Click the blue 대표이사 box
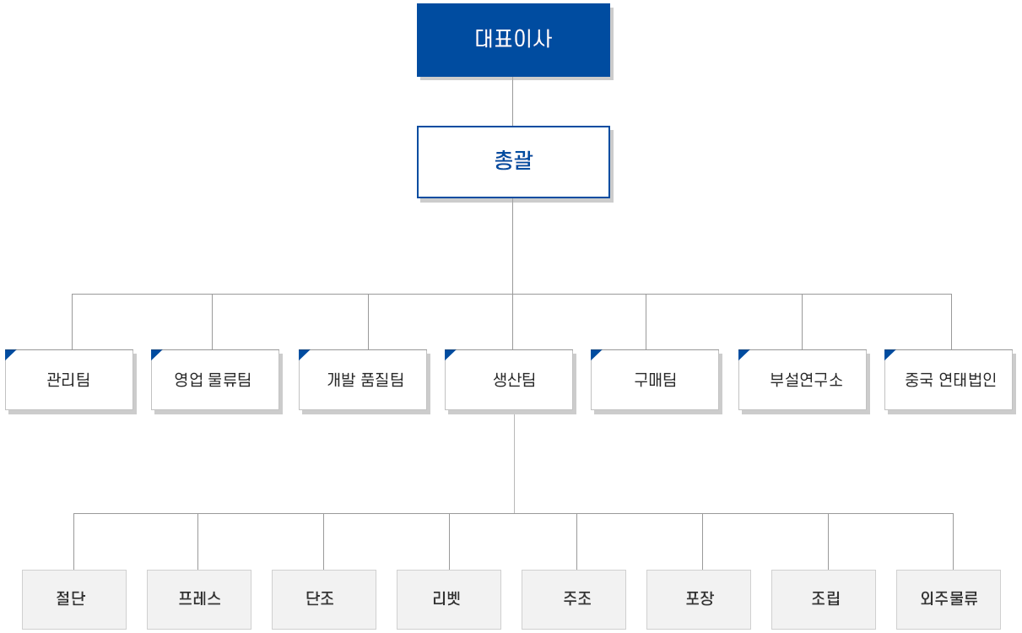pos(513,41)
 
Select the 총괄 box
pos(513,162)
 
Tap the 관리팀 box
pos(69,380)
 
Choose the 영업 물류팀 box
pos(215,380)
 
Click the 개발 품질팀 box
pos(363,380)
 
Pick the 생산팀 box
pos(509,380)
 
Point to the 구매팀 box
pos(655,380)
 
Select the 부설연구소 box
pos(803,380)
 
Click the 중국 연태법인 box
pos(949,380)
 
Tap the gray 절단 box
pos(74,600)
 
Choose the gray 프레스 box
pos(199,600)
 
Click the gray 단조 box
pos(324,600)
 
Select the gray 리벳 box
pos(449,600)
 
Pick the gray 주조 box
pos(574,600)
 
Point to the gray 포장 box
pos(699,600)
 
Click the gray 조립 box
pos(824,600)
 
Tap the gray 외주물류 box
pos(949,600)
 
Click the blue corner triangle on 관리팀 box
pos(8,354)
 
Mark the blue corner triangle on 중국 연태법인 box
pos(888,354)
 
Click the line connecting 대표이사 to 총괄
pos(512,101)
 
